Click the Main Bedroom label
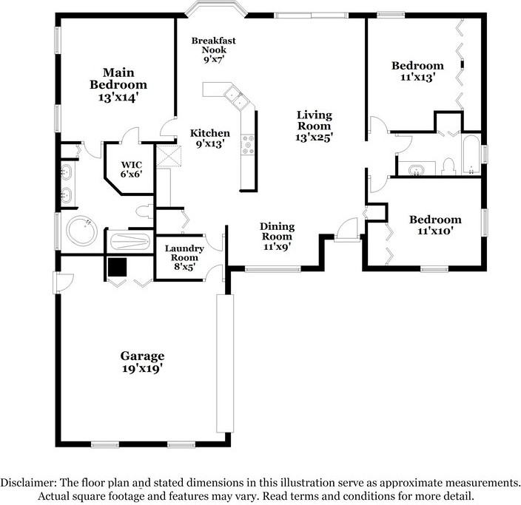[118, 85]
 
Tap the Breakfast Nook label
[214, 50]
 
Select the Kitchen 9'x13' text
[210, 138]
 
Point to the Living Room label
[315, 126]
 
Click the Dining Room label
[277, 237]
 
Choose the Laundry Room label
[184, 257]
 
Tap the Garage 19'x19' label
[142, 362]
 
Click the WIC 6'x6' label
[131, 169]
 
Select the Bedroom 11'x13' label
[417, 71]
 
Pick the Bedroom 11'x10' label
[435, 225]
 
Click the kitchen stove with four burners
[248, 145]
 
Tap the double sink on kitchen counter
[236, 97]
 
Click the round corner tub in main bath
[81, 230]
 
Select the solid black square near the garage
[117, 267]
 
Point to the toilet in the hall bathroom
[448, 166]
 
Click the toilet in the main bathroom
[145, 211]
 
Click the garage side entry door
[63, 282]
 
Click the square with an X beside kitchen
[169, 156]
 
